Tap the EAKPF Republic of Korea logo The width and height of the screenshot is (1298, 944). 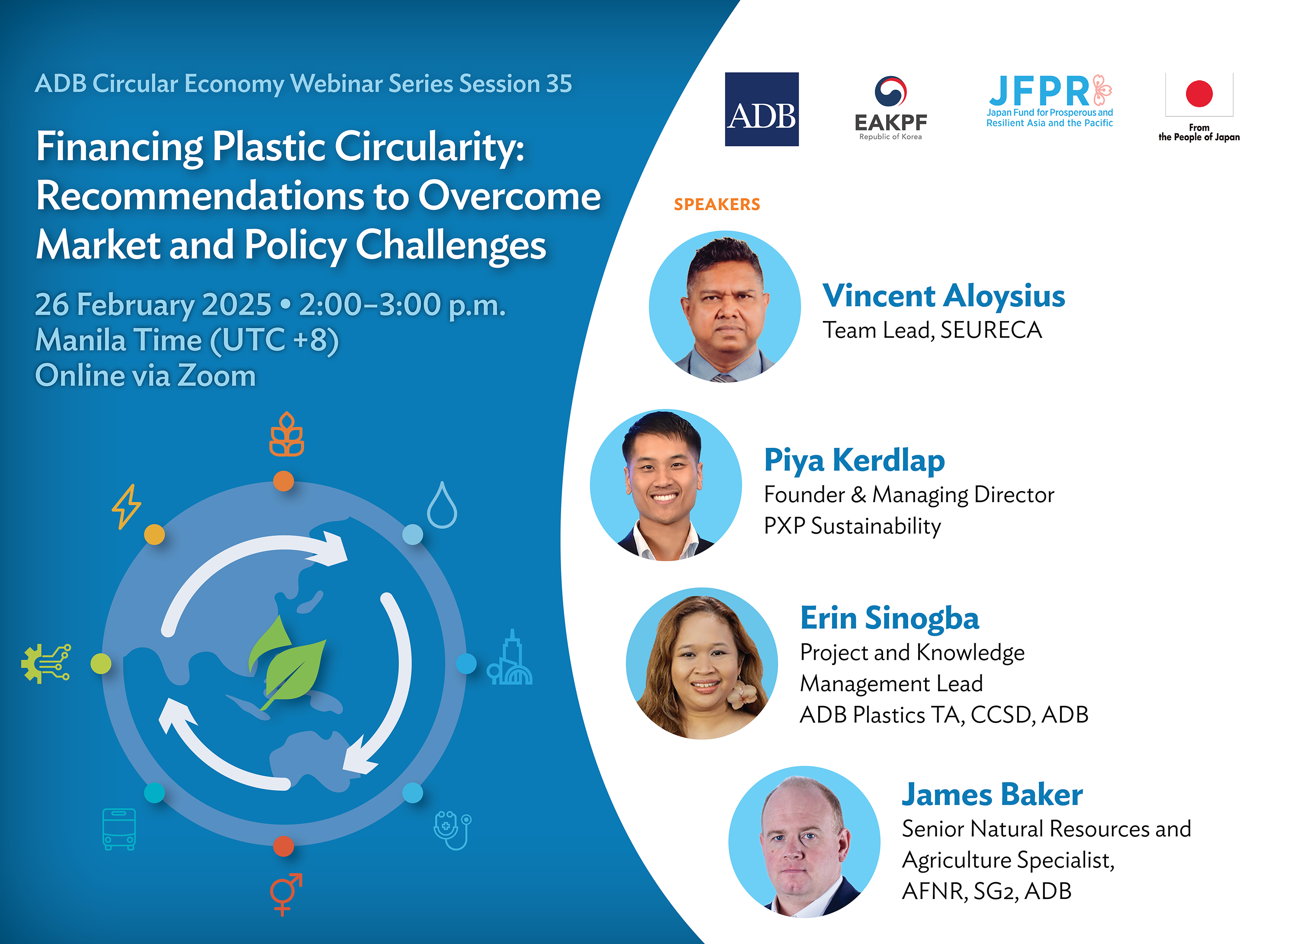[890, 109]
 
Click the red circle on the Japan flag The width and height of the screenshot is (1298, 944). [1199, 94]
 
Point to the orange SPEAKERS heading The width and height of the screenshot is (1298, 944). [716, 204]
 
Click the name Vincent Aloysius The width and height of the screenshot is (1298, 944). [943, 296]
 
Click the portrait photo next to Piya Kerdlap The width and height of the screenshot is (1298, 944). [665, 485]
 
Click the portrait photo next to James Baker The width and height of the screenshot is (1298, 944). [803, 842]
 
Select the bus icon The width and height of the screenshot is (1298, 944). [119, 828]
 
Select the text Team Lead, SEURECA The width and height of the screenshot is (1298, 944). [932, 330]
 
